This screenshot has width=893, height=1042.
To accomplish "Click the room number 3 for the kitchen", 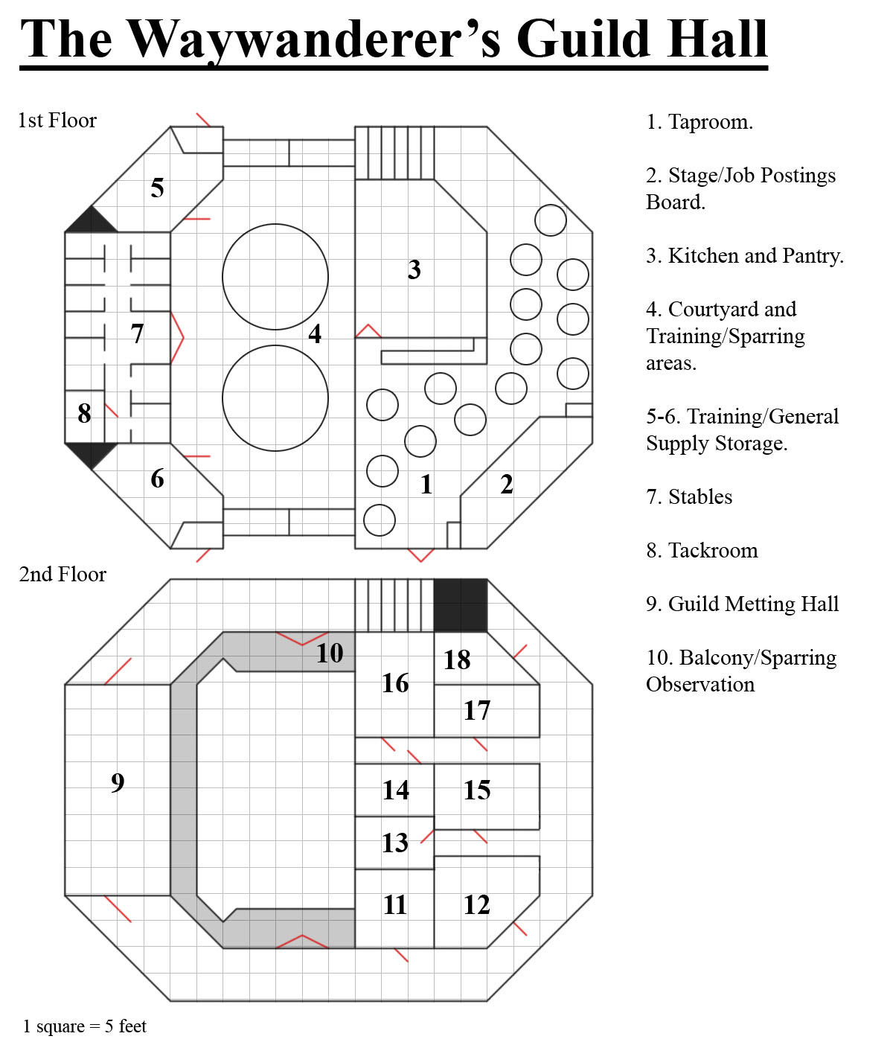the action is [414, 269].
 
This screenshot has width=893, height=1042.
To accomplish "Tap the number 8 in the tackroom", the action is [84, 413].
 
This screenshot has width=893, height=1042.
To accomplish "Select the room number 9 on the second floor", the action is [118, 782].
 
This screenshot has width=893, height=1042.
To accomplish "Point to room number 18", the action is [457, 659].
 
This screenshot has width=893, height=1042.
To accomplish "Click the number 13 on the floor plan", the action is [394, 843].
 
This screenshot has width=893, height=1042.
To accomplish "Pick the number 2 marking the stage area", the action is [507, 484].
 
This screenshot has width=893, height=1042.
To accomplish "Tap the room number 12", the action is [476, 904].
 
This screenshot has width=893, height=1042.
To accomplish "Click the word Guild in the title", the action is [583, 39].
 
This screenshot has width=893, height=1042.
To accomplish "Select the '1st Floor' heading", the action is [57, 121].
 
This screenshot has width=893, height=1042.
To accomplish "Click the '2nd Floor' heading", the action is [63, 574].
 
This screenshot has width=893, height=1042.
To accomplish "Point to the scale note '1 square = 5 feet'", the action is [85, 1026].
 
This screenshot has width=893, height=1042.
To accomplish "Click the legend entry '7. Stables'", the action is [689, 497].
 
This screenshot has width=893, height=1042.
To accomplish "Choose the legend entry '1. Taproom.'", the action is [700, 122].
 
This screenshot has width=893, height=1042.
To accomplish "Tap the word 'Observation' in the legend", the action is [700, 685].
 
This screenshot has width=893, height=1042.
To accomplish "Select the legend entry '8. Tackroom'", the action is [702, 551].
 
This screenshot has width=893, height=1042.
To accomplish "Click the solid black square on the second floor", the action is [460, 605].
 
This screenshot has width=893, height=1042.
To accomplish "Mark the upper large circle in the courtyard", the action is [275, 277].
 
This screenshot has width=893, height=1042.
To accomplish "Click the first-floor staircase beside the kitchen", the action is [394, 153].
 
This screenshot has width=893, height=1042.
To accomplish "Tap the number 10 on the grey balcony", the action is [330, 653].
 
